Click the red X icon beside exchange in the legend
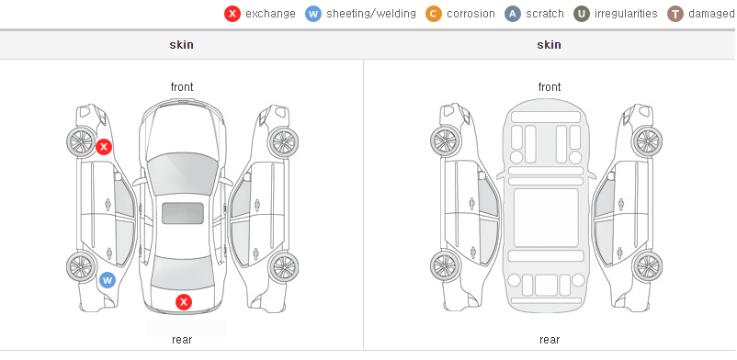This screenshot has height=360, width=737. coord(232,14)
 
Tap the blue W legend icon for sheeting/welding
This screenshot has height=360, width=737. coord(313,14)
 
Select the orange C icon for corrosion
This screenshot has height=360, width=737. coord(434,14)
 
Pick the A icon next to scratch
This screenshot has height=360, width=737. coord(513,14)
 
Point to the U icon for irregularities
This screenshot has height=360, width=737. coord(582,14)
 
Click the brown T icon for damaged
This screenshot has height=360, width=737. coord(675,14)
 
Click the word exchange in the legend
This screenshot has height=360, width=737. coord(270,14)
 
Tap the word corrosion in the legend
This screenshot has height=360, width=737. coord(471,14)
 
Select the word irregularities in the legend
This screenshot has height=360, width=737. coord(626,14)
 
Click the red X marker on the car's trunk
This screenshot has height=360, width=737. coord(184,302)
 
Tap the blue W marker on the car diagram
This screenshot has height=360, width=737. coord(108,281)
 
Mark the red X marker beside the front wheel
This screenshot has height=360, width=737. coord(104,147)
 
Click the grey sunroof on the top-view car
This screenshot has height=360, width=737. coord(183,213)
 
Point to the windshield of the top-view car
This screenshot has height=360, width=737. coord(183,174)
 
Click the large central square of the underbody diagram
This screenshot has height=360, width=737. coord(546,218)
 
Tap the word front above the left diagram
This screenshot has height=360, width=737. coord(182,87)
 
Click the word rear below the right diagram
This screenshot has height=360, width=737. coord(550,340)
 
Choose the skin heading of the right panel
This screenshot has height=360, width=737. coord(549,45)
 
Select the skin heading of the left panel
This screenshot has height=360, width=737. coord(181,45)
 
